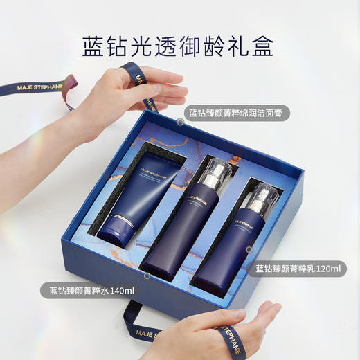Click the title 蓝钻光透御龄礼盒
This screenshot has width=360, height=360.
point(179,45)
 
